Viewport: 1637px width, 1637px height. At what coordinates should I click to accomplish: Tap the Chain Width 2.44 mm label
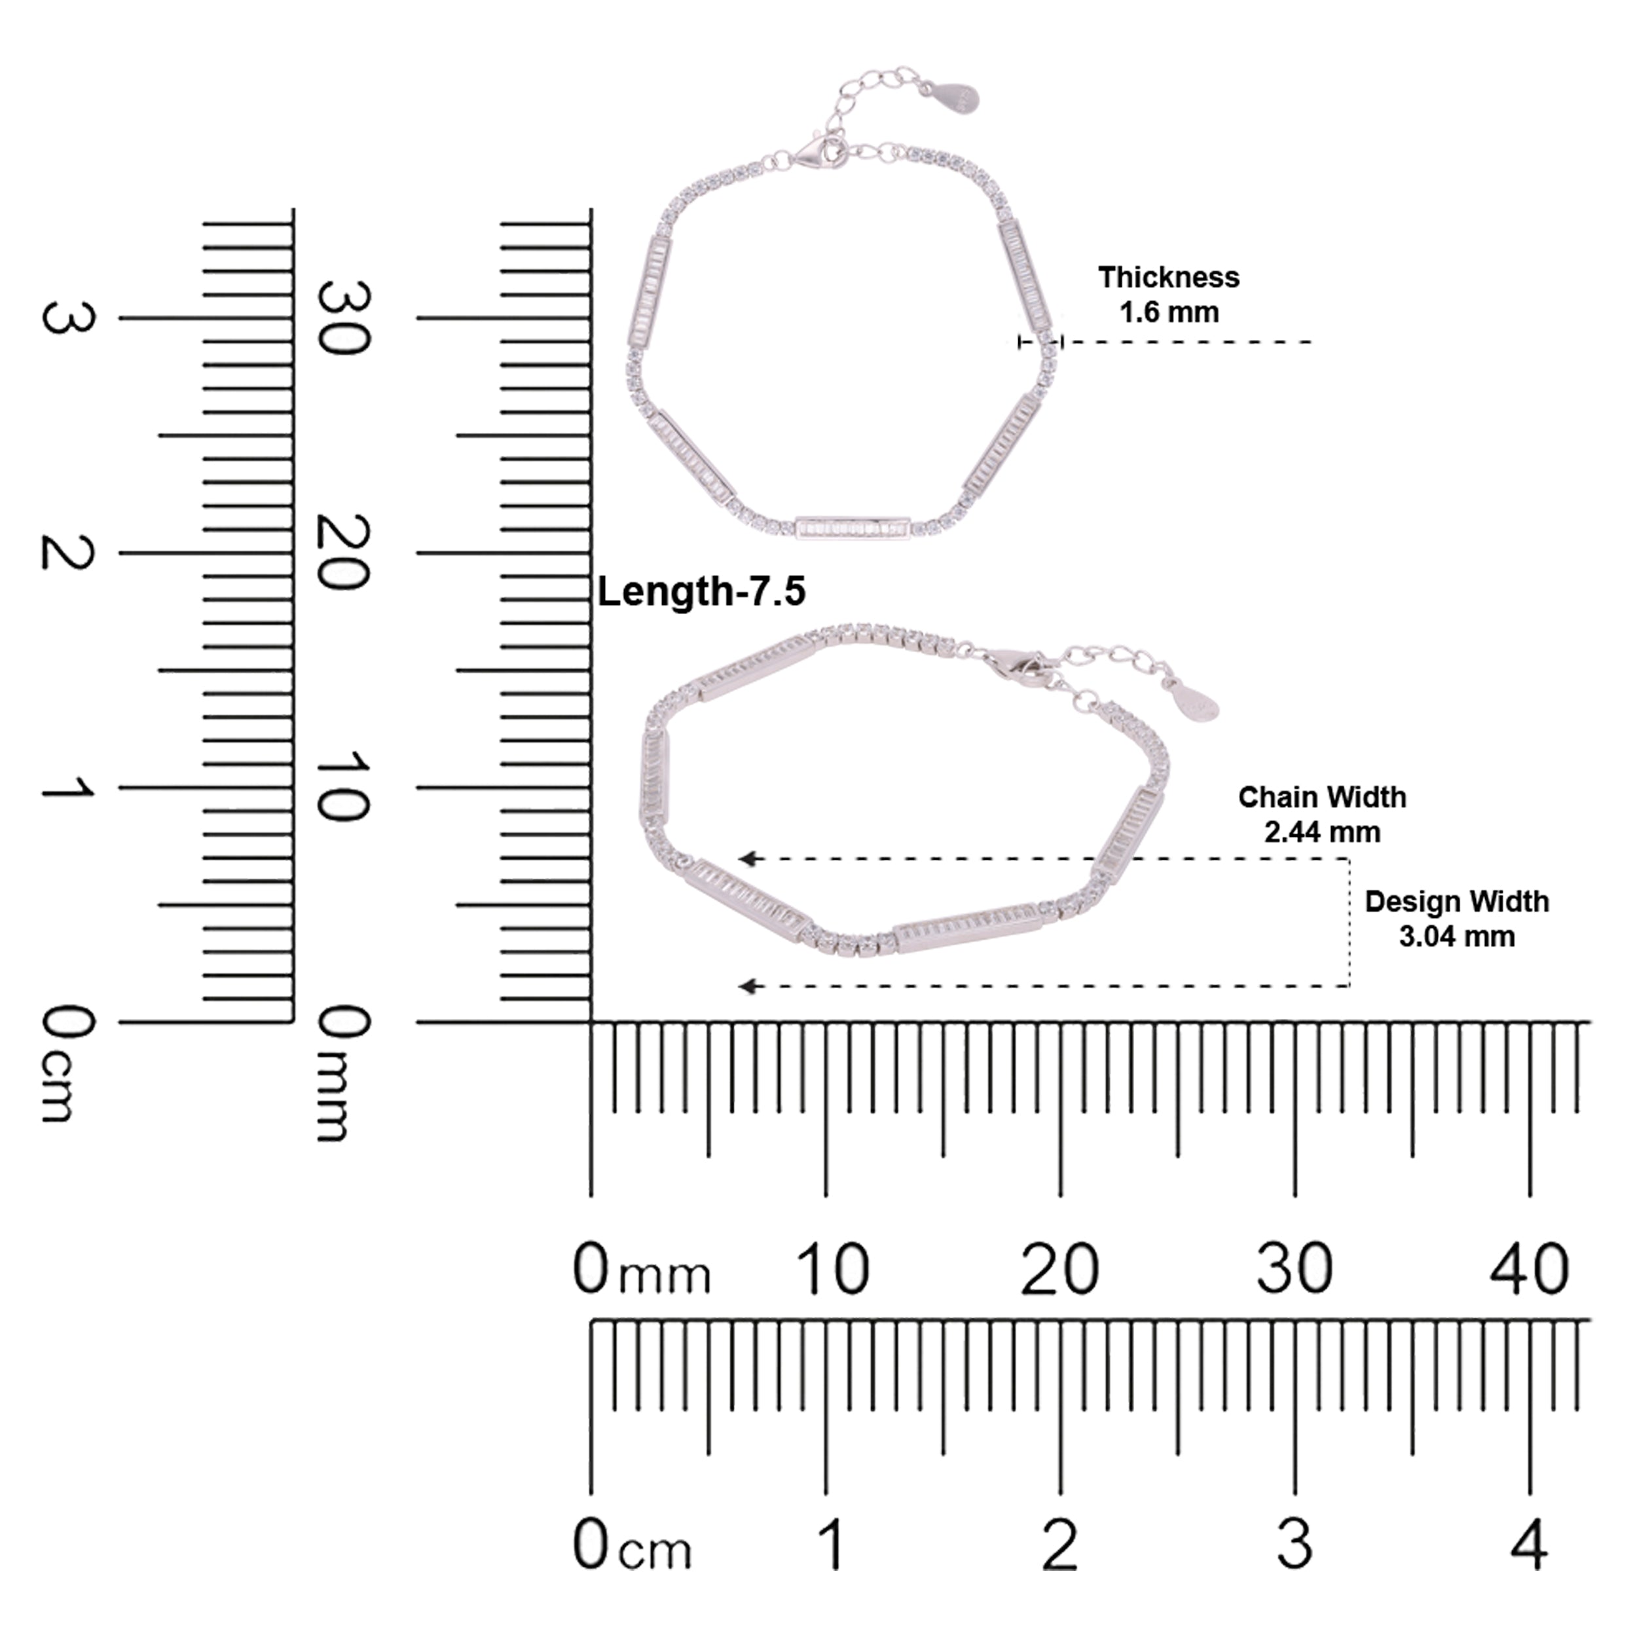point(1322,815)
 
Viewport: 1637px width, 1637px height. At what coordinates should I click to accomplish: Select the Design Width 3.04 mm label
point(1456,919)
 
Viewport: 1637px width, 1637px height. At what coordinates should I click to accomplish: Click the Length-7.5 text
point(701,591)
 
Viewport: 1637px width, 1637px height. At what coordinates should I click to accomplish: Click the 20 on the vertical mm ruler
point(343,553)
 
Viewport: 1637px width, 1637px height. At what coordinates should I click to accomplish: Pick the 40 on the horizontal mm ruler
point(1530,1268)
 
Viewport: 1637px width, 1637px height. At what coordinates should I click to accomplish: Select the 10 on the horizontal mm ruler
point(832,1268)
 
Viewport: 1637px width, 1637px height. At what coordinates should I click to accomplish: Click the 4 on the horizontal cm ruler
point(1530,1545)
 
